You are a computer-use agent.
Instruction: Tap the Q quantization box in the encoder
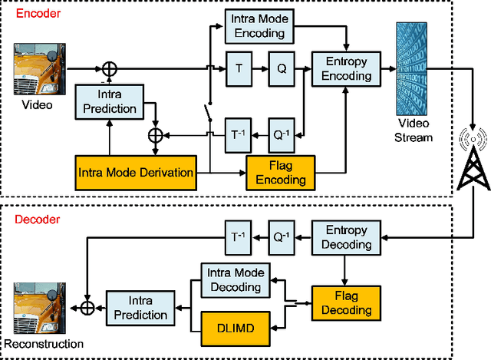click(281, 68)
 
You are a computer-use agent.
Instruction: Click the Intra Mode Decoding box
click(236, 280)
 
